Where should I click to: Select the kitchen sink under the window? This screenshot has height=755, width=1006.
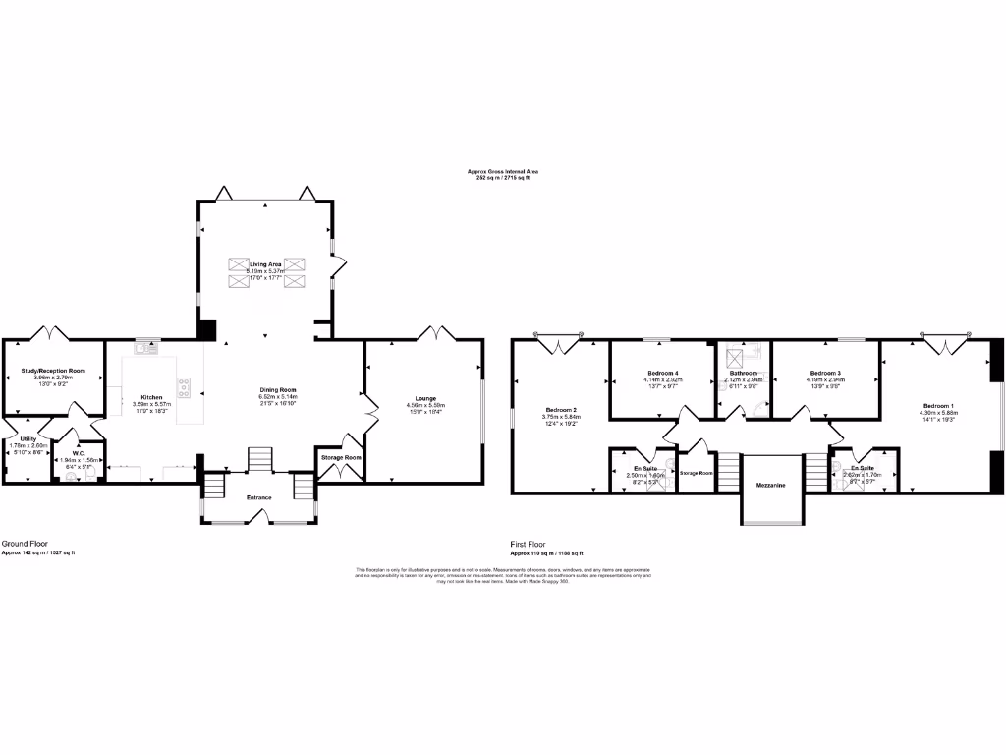coord(148,346)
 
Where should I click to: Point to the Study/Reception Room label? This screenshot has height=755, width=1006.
coord(53,371)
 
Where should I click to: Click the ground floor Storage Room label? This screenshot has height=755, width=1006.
coord(340,457)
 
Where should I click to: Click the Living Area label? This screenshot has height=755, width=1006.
coord(265,264)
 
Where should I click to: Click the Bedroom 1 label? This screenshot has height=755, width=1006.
coord(938,405)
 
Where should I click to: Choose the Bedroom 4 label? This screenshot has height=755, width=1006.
coord(662,373)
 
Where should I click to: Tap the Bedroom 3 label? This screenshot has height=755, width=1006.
coord(825,373)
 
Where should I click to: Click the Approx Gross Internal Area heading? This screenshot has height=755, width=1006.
coord(502,171)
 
